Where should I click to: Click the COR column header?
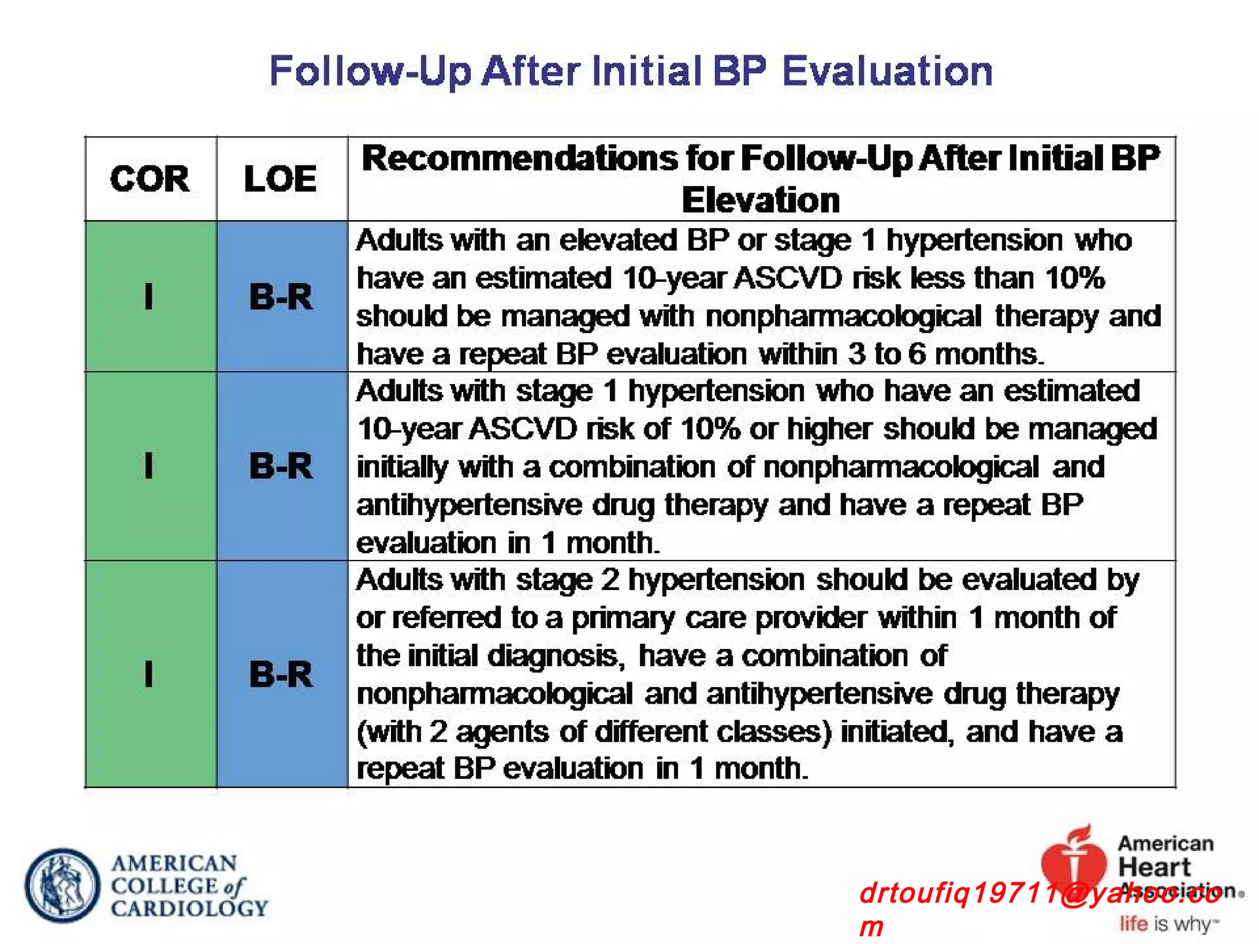[150, 179]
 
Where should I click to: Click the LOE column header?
[280, 179]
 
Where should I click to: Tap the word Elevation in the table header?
[761, 200]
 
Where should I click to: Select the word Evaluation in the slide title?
[887, 71]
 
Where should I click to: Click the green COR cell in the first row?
[150, 297]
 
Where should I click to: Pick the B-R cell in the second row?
[281, 466]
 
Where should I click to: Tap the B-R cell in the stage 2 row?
[281, 674]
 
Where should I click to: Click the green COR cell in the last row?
[150, 674]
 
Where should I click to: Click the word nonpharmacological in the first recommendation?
[843, 317]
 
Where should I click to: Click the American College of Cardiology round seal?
[62, 886]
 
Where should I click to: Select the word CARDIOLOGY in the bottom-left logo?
[189, 908]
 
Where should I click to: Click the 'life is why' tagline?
[1168, 924]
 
